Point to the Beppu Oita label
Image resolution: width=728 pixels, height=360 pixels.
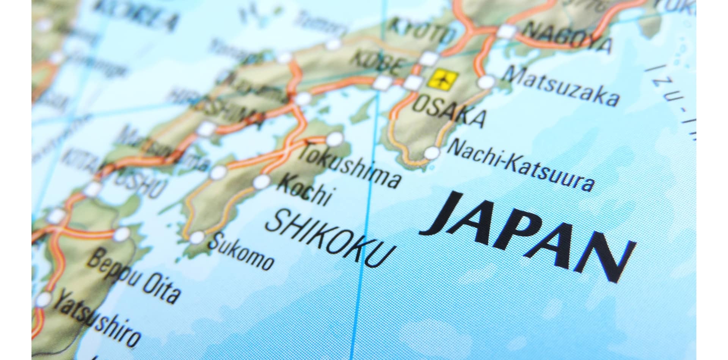coord(133,279)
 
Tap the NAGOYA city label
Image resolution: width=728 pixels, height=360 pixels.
coord(569,38)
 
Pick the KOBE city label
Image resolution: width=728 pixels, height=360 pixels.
coord(375,63)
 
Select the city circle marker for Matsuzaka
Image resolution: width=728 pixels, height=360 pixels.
coord(487,82)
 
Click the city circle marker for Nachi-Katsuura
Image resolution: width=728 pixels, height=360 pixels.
coord(431,153)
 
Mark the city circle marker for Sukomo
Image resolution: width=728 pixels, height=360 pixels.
coord(197,238)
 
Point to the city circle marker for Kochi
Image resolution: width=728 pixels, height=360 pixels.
coord(261,182)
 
